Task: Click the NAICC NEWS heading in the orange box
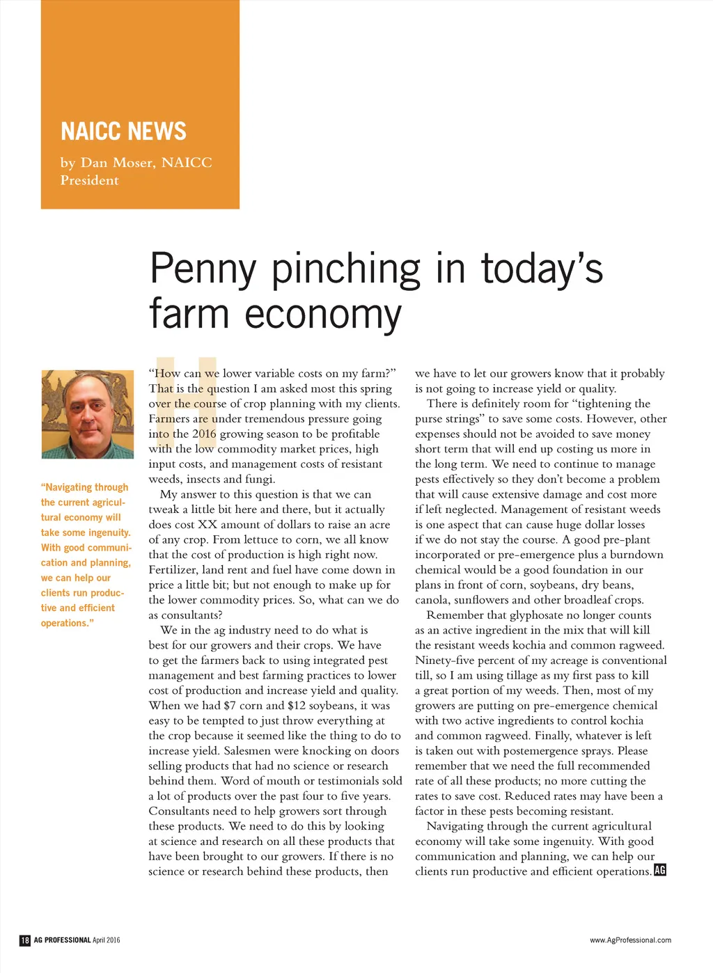123,131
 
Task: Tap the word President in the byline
89,180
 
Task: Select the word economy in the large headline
323,314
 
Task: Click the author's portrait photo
87,414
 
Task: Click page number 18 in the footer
25,940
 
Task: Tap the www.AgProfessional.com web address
630,940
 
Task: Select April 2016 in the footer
106,940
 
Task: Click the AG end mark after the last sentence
660,871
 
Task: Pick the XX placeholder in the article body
207,525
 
